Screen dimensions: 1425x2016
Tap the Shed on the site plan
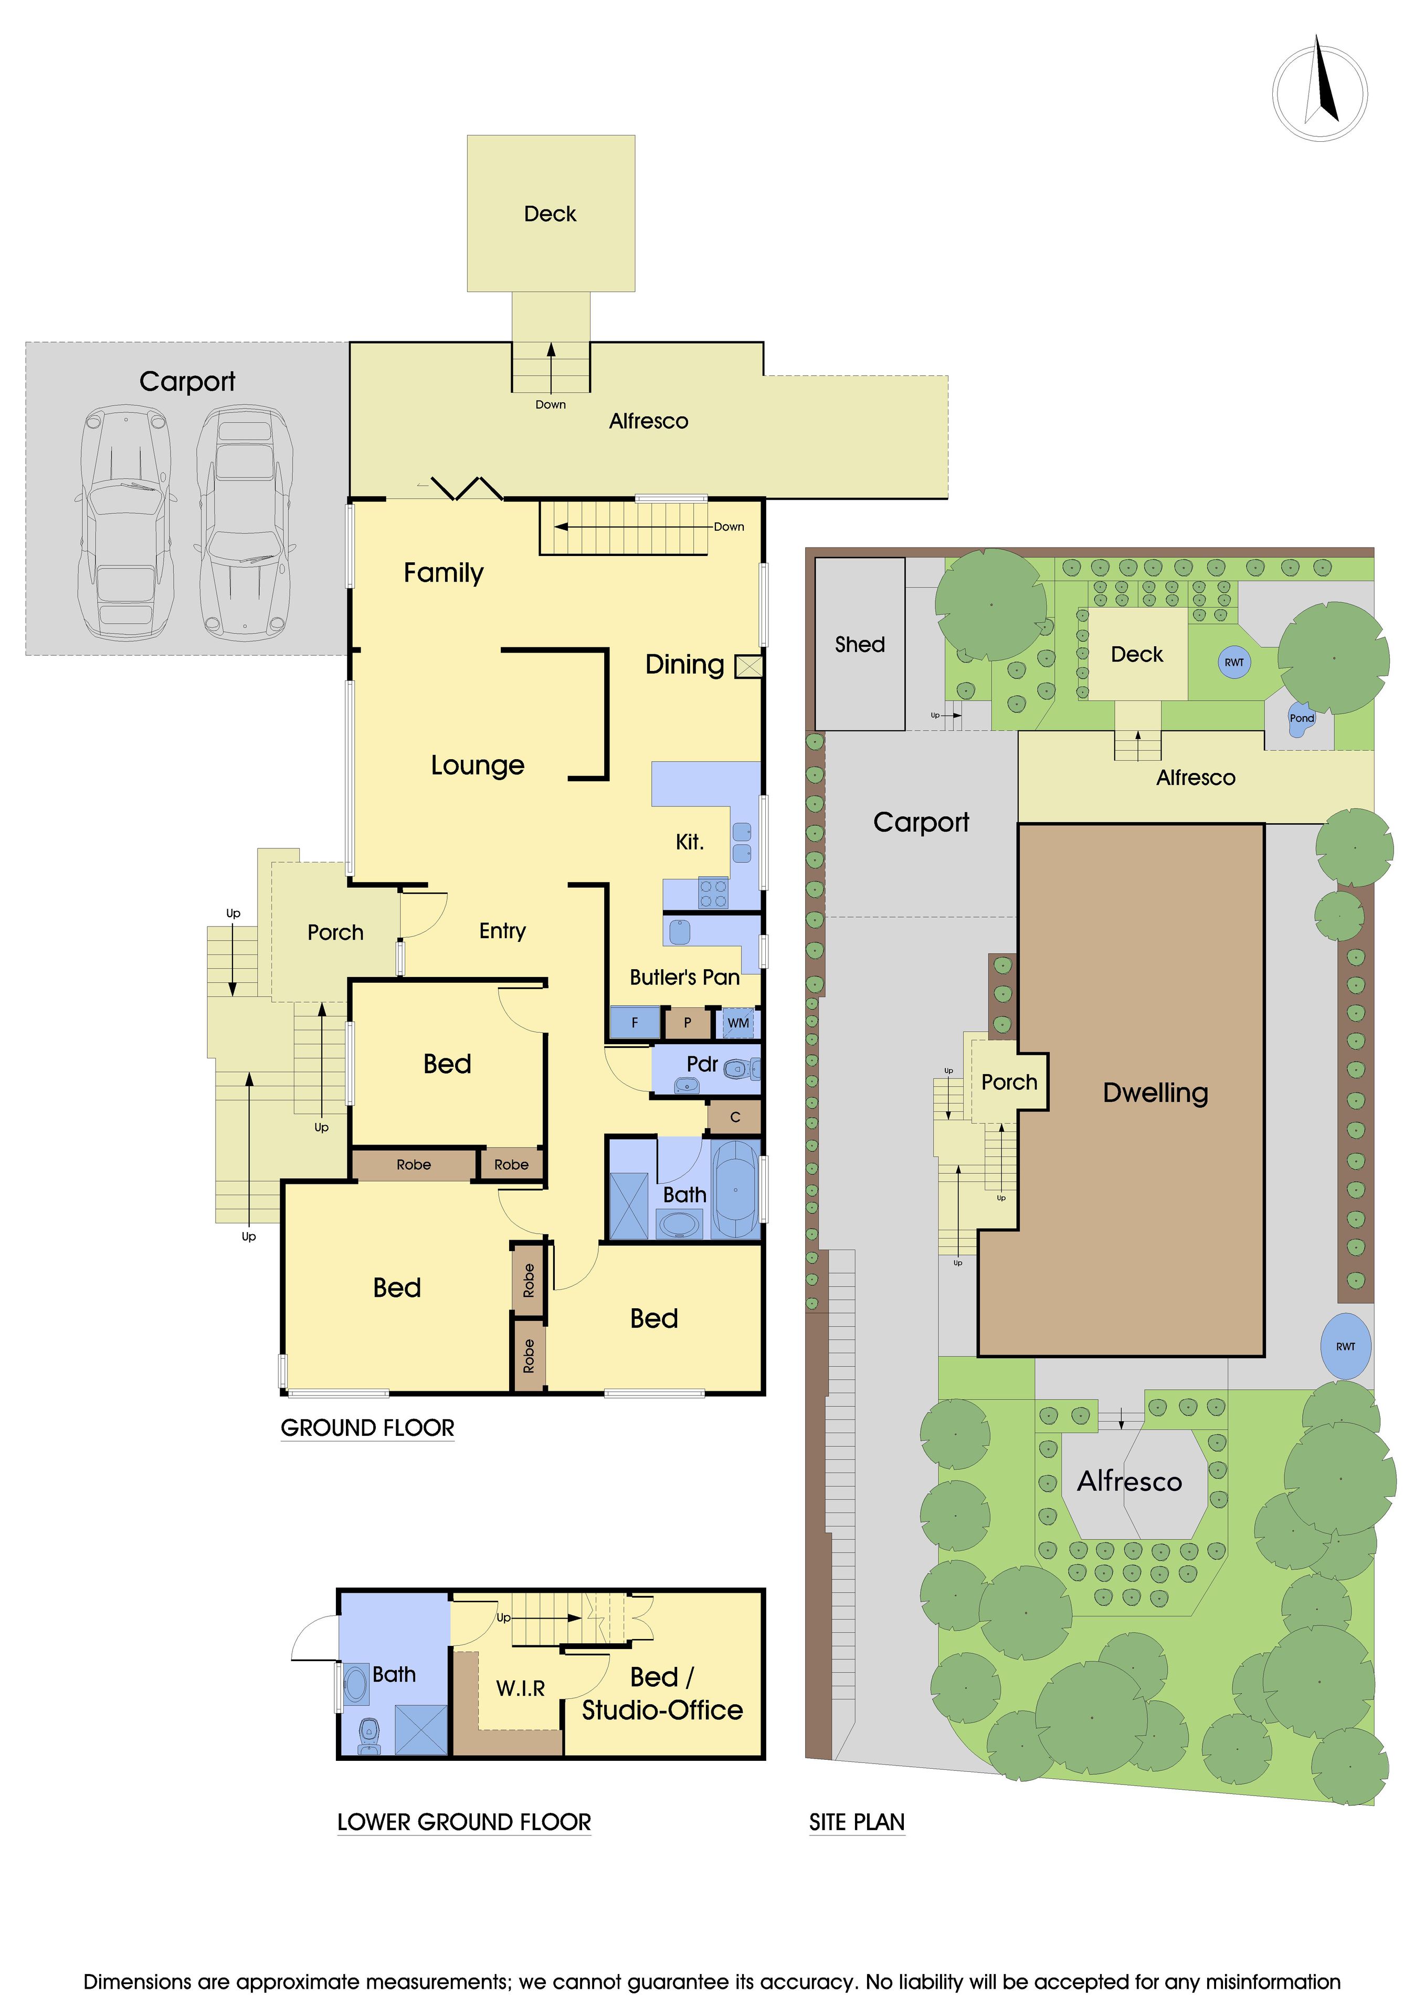(860, 644)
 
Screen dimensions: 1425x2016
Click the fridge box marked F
(635, 1023)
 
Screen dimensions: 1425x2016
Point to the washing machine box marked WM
(738, 1023)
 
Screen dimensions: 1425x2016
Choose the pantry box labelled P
(688, 1023)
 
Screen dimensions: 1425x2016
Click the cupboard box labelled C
(735, 1117)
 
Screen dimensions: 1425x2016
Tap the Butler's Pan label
(684, 977)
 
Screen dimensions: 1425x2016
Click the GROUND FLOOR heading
(367, 1427)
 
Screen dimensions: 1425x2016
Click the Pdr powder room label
(702, 1064)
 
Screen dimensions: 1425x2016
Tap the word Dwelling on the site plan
(1155, 1093)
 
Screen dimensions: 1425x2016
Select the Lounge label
(478, 765)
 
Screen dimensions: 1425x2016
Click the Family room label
(444, 573)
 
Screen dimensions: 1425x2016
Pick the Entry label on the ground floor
(502, 931)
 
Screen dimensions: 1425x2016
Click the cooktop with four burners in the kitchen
(713, 893)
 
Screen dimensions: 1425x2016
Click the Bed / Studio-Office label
(662, 1694)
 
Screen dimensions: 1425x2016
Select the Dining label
(685, 665)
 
